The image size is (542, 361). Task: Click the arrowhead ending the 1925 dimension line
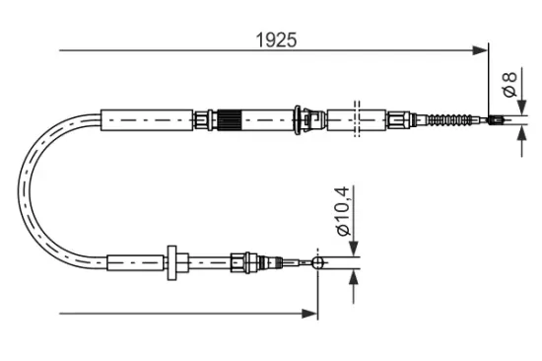tap(482, 49)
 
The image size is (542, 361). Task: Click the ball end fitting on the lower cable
tap(317, 262)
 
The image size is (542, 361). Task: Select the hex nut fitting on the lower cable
tap(237, 262)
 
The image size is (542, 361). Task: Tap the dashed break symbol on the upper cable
tap(357, 120)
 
